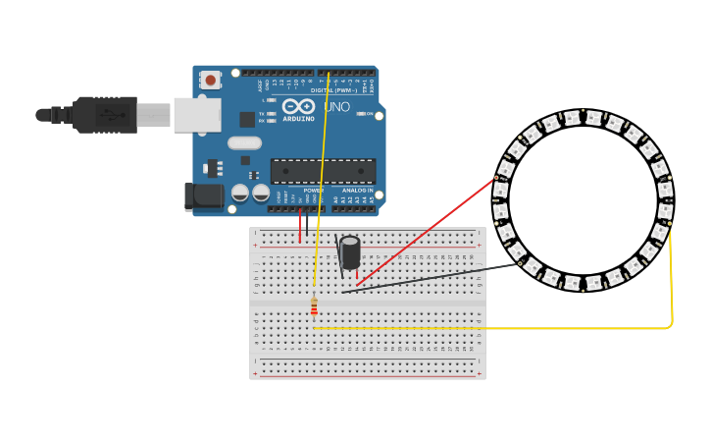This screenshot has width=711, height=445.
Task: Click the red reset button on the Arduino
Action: (210, 80)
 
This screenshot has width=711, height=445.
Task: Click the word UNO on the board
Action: (336, 106)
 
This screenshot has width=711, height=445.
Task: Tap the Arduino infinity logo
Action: (298, 105)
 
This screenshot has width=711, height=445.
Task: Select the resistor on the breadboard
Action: (314, 307)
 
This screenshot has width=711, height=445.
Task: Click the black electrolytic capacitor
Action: (349, 252)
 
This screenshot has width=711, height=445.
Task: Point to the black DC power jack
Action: (204, 195)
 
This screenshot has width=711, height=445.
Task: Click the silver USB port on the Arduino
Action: (197, 114)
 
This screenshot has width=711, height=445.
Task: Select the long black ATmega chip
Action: (323, 171)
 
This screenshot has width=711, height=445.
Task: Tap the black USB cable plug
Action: (103, 115)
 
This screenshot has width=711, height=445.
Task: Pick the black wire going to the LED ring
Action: (432, 278)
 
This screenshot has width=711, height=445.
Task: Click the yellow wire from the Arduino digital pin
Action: (322, 177)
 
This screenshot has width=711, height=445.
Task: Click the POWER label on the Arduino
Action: (313, 190)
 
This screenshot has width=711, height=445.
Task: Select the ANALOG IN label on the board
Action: (357, 190)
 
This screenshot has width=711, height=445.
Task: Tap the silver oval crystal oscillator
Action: (244, 142)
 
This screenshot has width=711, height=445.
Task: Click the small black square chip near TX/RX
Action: (247, 119)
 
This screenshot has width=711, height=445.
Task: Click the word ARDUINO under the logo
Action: (298, 118)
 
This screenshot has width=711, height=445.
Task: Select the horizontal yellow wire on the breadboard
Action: (490, 328)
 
